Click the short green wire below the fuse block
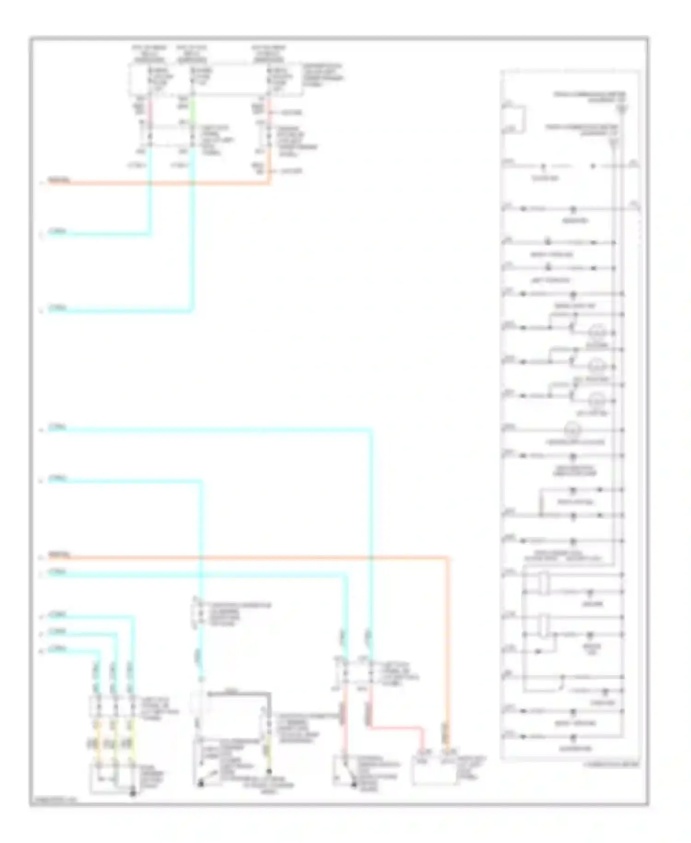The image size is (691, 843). point(193,108)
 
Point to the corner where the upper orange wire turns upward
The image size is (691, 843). point(269,183)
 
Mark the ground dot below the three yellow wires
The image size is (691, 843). point(133,793)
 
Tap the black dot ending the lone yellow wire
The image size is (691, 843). point(269,771)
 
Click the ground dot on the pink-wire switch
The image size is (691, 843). point(354,784)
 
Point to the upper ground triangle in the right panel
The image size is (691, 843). point(622,110)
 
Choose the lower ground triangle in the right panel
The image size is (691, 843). point(613,142)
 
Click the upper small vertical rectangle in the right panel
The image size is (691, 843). point(545,583)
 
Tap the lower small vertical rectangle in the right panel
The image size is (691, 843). point(545,626)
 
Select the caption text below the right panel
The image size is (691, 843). point(611,765)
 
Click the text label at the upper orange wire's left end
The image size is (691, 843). point(59,180)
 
